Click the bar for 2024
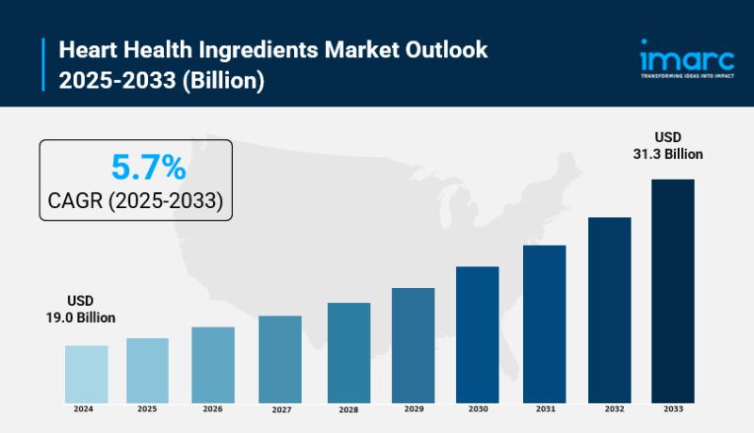pyautogui.click(x=86, y=373)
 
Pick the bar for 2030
pyautogui.click(x=477, y=333)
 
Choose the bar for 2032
pyautogui.click(x=609, y=309)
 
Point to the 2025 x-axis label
pyautogui.click(x=147, y=409)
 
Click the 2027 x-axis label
pyautogui.click(x=280, y=410)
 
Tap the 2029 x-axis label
pyautogui.click(x=413, y=409)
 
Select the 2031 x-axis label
pyautogui.click(x=545, y=409)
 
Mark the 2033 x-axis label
pyautogui.click(x=673, y=409)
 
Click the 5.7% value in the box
pyautogui.click(x=148, y=168)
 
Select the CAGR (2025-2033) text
pyautogui.click(x=135, y=200)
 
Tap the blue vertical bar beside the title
pyautogui.click(x=43, y=64)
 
